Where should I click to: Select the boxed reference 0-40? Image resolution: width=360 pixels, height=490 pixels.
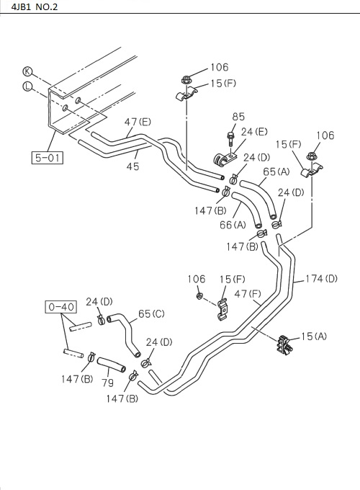tap(61, 307)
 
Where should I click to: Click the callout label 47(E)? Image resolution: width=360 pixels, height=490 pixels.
tap(138, 122)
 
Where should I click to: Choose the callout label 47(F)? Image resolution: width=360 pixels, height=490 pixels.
tap(247, 293)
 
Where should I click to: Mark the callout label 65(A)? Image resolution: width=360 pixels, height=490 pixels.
tap(276, 171)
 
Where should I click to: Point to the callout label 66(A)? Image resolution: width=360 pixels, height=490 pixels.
tap(233, 225)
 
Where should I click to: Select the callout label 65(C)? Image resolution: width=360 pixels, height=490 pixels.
tap(151, 313)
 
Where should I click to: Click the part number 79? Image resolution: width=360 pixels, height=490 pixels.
tap(107, 383)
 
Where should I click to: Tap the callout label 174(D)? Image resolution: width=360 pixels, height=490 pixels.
tap(321, 278)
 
